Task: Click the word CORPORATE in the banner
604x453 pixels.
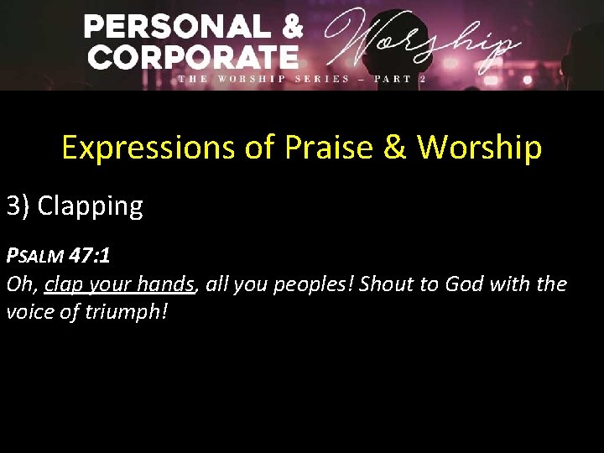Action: [x=194, y=57]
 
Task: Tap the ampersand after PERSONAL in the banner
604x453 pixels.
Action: [x=290, y=27]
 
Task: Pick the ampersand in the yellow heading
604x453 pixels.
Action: [x=394, y=148]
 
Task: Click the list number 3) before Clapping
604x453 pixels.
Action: [x=18, y=206]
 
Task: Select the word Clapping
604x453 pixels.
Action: [x=91, y=206]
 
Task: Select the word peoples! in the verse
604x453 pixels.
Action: [x=315, y=284]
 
